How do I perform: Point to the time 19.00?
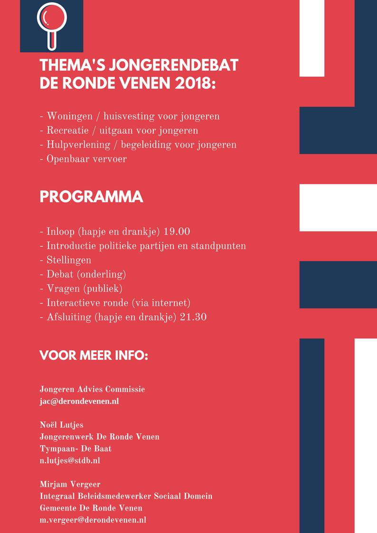[x=177, y=232]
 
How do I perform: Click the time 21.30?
[x=193, y=317]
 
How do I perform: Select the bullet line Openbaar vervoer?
[x=86, y=159]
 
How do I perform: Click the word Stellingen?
[x=68, y=260]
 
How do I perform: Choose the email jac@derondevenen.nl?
[x=79, y=401]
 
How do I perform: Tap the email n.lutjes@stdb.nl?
[x=70, y=460]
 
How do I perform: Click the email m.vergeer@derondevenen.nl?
[x=93, y=520]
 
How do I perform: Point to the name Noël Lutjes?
[x=61, y=425]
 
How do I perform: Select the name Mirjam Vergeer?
[x=70, y=484]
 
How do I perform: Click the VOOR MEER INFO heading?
[x=94, y=355]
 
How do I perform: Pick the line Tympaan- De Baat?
[x=75, y=449]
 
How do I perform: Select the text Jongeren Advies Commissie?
[x=92, y=389]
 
